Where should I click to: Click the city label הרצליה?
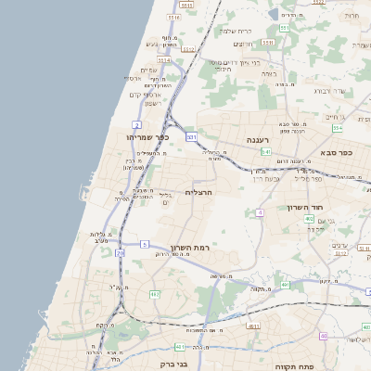[x=199, y=192]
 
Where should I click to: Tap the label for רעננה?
[x=257, y=139]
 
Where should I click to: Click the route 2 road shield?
[x=136, y=123]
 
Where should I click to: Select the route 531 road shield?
[x=191, y=136]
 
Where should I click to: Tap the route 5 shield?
[x=145, y=244]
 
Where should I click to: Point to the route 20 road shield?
[x=120, y=252]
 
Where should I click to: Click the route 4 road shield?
[x=261, y=212]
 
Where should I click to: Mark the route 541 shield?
[x=265, y=150]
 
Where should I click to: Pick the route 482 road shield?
[x=155, y=295]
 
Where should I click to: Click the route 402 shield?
[x=309, y=219]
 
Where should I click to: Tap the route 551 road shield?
[x=284, y=28]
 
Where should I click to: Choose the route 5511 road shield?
[x=267, y=43]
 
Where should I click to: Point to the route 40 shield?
[x=323, y=336]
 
